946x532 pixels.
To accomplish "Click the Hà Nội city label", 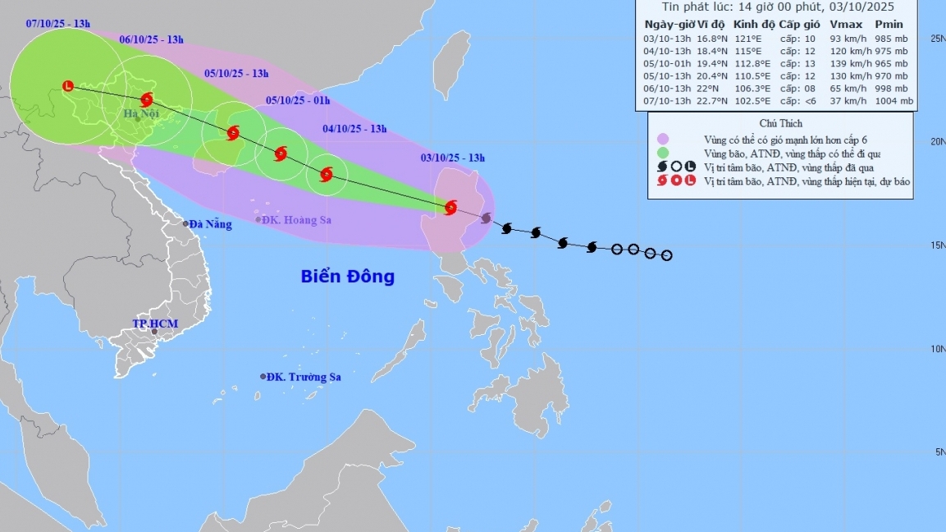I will [142, 113].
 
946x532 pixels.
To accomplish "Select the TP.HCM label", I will [155, 323].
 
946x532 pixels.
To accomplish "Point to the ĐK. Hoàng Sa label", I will [298, 219].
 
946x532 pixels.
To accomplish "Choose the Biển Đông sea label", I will [347, 277].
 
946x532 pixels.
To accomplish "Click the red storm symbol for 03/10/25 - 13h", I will [450, 207].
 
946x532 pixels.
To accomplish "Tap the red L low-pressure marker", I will [68, 85].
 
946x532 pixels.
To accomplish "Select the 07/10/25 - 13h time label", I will [57, 25].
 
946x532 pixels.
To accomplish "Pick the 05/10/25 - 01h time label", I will [298, 101].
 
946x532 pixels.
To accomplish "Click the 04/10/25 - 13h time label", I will [354, 128].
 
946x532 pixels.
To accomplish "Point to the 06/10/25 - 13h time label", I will [151, 39].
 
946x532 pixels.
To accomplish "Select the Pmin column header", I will [889, 24].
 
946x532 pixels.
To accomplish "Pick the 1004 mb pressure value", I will [893, 101].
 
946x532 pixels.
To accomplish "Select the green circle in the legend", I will [662, 152].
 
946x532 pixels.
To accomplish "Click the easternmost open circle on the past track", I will [666, 255].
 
